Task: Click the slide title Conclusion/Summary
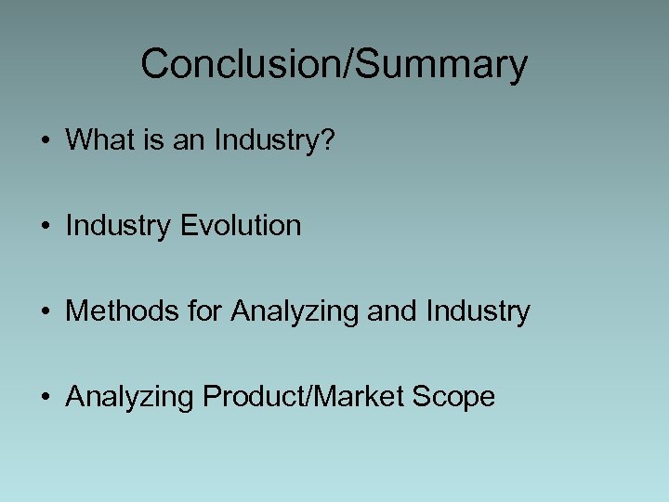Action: click(334, 64)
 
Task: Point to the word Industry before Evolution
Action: click(118, 226)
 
